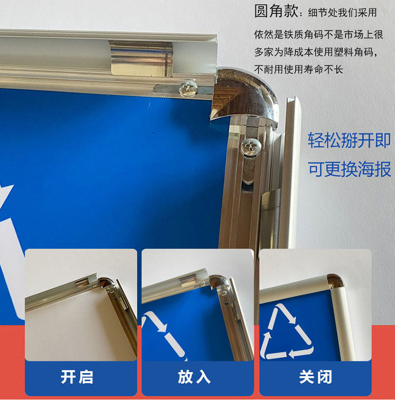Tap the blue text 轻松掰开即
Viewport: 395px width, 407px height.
tap(349, 140)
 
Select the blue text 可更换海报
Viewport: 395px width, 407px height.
tap(349, 169)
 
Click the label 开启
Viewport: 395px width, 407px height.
tap(77, 377)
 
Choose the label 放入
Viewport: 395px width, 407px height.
tap(194, 377)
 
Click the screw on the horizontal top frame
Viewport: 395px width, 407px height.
tap(189, 88)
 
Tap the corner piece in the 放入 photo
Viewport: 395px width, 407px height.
tap(217, 282)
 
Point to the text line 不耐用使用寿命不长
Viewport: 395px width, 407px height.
tap(299, 69)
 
